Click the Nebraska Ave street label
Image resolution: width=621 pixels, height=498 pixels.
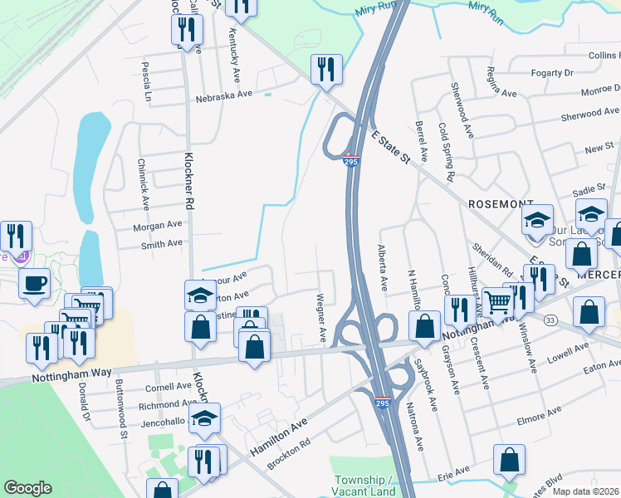tap(223, 95)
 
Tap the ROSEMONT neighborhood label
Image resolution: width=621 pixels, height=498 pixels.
tap(500, 203)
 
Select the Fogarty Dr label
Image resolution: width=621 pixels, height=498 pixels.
tap(552, 73)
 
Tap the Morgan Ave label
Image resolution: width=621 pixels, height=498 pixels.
tap(157, 226)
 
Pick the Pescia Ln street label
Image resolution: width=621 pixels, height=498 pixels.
tap(147, 81)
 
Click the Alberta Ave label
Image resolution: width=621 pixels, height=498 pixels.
tap(382, 267)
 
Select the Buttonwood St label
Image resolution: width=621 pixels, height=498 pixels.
tap(121, 409)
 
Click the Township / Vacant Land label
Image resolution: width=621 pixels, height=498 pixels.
tap(365, 486)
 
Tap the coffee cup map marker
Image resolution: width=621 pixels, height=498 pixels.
tap(34, 285)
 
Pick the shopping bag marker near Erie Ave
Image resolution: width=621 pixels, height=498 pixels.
tap(509, 461)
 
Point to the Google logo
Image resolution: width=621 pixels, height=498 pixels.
tap(28, 489)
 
